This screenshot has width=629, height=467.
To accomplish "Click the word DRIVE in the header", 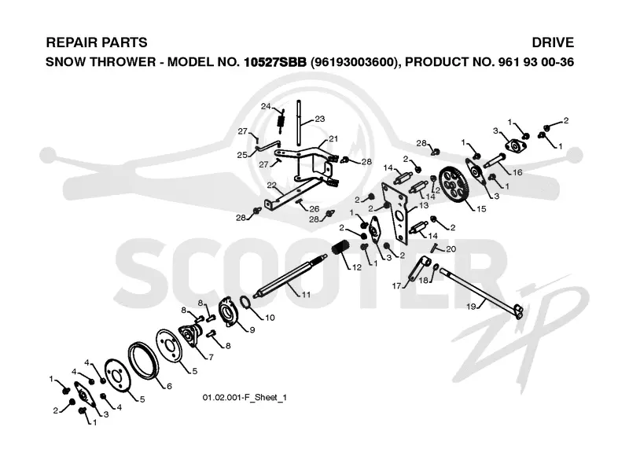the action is tap(553, 42).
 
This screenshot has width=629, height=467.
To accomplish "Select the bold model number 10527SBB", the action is tap(275, 62).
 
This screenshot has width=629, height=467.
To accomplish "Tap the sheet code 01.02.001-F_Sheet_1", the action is tap(245, 398).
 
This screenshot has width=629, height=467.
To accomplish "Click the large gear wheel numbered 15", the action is tap(454, 186).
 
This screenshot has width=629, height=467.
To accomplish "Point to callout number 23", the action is tap(320, 119).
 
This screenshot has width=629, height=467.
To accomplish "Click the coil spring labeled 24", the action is tap(281, 122).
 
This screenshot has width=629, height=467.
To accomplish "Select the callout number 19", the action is tap(471, 307).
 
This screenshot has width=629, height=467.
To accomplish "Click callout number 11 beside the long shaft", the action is tap(306, 295).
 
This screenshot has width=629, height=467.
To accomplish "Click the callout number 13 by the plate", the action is tap(424, 205).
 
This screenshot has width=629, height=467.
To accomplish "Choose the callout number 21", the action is tap(333, 139).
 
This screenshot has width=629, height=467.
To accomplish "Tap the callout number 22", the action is tap(271, 185).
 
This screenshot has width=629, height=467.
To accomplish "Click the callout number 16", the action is tap(517, 172).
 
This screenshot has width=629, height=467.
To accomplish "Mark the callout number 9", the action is tap(252, 329).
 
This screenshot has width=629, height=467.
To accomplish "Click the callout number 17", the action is tap(396, 286).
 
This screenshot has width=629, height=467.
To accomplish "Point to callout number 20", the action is tap(451, 249).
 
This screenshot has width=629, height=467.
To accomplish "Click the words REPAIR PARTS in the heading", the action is tap(97, 42).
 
